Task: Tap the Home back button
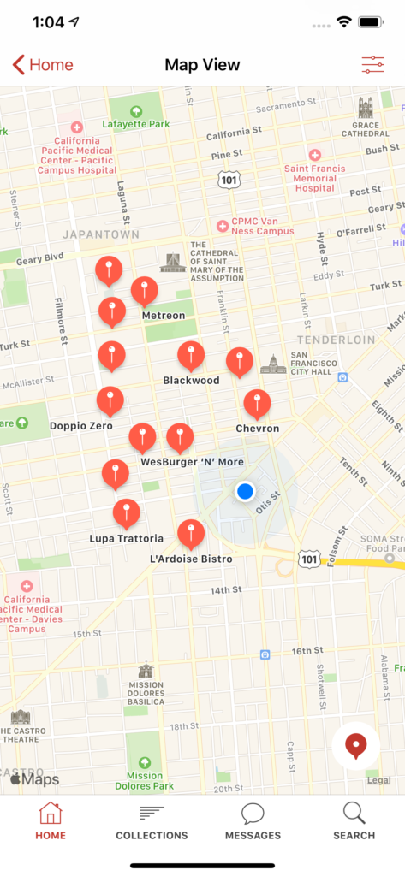43,65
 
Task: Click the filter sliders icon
373,65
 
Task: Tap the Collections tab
152,821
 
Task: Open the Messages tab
253,821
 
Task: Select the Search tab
354,821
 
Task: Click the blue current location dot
246,491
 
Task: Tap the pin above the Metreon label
144,291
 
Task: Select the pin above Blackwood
191,355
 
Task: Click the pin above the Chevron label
257,403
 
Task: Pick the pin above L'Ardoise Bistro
191,533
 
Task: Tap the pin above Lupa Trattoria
127,512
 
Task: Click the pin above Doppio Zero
110,400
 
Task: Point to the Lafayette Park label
136,123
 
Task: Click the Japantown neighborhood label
100,234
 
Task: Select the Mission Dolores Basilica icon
146,671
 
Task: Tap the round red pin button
355,746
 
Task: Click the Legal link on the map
378,780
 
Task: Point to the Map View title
202,65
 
